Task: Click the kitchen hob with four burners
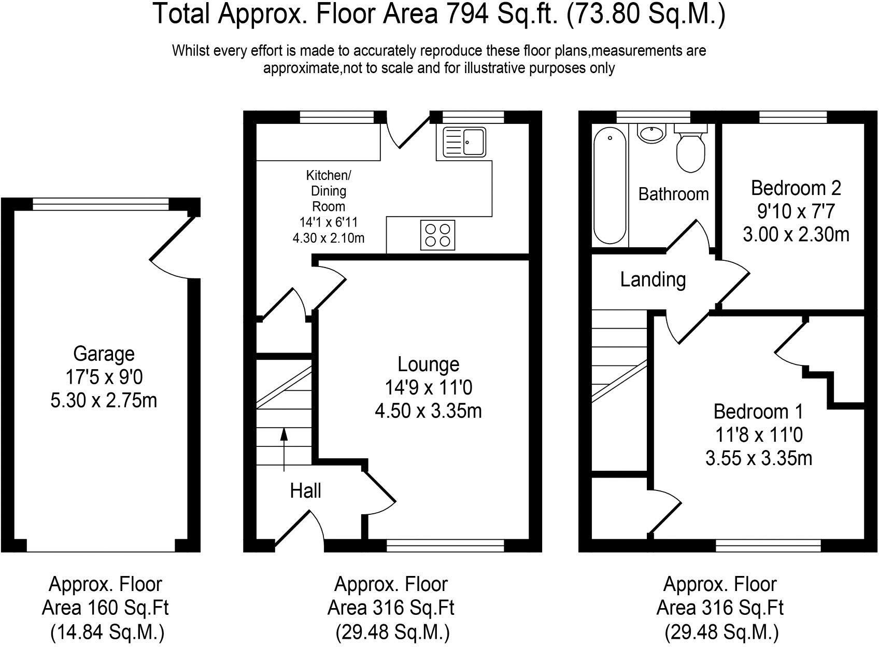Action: click(x=438, y=235)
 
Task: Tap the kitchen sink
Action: click(x=464, y=142)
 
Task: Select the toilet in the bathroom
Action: click(x=691, y=150)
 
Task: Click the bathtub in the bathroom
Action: click(x=611, y=186)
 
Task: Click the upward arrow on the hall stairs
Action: click(x=284, y=449)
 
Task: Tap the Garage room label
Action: click(x=104, y=354)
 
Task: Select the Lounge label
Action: click(x=428, y=364)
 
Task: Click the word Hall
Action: click(x=305, y=490)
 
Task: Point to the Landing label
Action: click(x=653, y=279)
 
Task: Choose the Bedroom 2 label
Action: click(x=796, y=188)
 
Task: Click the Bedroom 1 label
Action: click(x=758, y=411)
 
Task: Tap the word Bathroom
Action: click(x=673, y=194)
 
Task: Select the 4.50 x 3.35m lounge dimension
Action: click(x=428, y=411)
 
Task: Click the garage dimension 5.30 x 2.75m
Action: click(x=104, y=401)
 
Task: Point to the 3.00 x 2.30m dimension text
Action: click(x=796, y=235)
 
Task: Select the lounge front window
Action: click(x=445, y=545)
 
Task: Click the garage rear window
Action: click(x=101, y=204)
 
